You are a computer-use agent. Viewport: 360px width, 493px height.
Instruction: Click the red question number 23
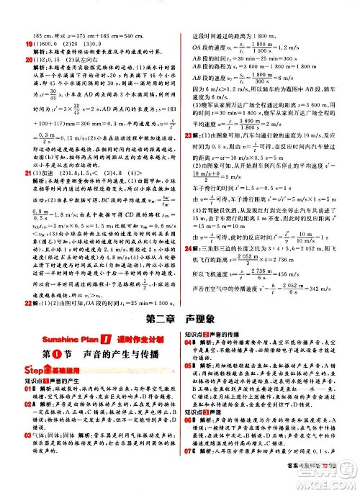click(x=189, y=114)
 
